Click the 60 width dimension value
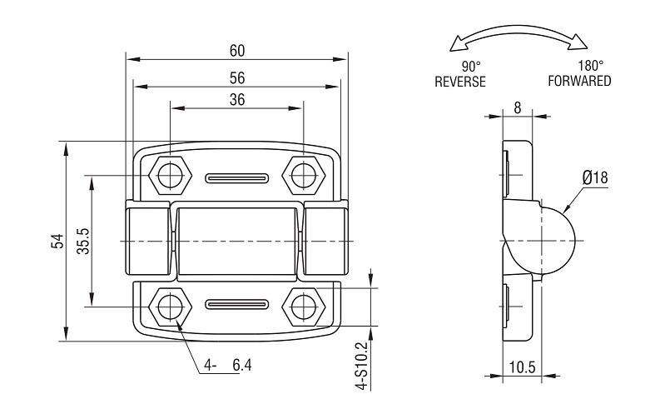(x=237, y=51)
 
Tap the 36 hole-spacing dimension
(x=237, y=99)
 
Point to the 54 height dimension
(x=57, y=241)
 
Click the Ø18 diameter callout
(x=595, y=177)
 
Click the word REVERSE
(x=459, y=82)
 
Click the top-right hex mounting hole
(x=303, y=175)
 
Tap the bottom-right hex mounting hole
(x=303, y=306)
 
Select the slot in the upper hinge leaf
(x=237, y=178)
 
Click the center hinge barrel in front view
(x=237, y=241)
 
